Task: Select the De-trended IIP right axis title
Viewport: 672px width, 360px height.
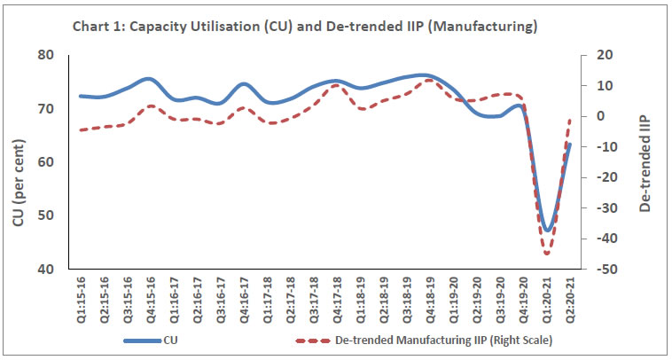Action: (644, 163)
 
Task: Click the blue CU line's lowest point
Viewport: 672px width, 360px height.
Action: (548, 231)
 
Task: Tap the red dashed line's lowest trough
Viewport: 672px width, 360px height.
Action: (547, 254)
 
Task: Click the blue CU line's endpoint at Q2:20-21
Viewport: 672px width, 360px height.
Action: (570, 144)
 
